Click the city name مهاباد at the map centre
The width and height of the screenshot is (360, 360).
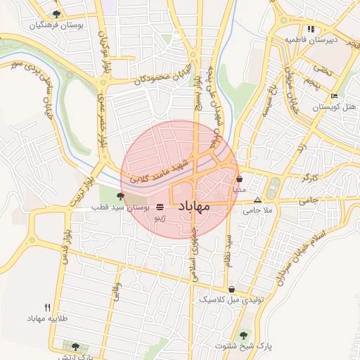190,207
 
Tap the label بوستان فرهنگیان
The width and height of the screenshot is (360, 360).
57,25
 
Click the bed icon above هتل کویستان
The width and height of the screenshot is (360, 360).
334,96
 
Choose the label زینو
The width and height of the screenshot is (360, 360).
160,219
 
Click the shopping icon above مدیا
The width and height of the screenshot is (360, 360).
240,179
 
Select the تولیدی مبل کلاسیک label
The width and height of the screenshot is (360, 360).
231,299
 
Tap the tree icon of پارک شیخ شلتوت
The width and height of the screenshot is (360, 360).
244,335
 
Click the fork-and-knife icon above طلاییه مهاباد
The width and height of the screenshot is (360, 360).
48,307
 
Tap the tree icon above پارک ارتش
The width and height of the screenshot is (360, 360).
75,347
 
